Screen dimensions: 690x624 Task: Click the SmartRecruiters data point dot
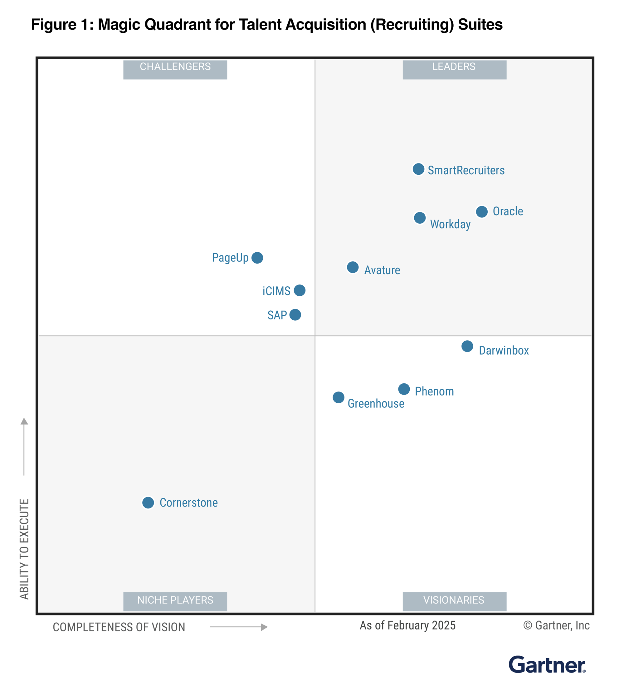click(418, 169)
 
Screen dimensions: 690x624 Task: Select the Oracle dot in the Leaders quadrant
click(482, 211)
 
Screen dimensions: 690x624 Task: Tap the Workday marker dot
click(420, 218)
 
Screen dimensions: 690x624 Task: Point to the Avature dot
click(353, 267)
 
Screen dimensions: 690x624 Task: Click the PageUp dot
click(257, 258)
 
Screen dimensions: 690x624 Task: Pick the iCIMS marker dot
click(300, 290)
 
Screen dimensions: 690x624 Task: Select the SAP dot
click(295, 314)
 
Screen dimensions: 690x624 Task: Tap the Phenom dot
click(404, 389)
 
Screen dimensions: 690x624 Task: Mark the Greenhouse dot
click(338, 397)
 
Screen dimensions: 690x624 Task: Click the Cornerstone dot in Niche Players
click(148, 503)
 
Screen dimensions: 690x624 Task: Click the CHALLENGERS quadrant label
click(175, 67)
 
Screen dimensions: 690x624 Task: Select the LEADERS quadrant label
click(454, 67)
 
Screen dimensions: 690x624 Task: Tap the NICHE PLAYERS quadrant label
click(175, 600)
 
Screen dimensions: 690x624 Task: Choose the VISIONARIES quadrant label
click(454, 600)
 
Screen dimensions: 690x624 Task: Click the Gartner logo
click(547, 665)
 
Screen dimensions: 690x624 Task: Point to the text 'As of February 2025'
click(407, 625)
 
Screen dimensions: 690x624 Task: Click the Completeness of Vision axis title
click(119, 627)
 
